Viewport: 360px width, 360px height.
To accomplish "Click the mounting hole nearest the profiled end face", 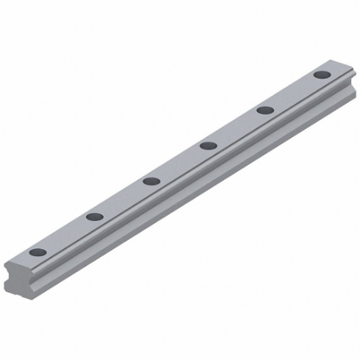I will [38, 252].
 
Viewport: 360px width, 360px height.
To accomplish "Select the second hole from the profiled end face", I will [95, 216].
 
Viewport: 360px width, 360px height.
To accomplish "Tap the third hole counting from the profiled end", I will [152, 181].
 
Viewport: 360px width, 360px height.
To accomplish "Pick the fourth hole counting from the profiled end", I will [208, 145].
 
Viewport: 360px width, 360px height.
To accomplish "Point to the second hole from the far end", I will [266, 110].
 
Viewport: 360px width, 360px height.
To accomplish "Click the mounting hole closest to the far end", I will [322, 75].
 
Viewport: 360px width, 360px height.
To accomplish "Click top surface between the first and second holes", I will [67, 234].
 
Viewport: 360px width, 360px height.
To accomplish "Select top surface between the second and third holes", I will [123, 199].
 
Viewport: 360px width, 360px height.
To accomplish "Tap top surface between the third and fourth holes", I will [180, 163].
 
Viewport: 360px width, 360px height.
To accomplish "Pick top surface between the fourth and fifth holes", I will [237, 128].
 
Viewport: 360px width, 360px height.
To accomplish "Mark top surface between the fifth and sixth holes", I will [294, 93].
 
